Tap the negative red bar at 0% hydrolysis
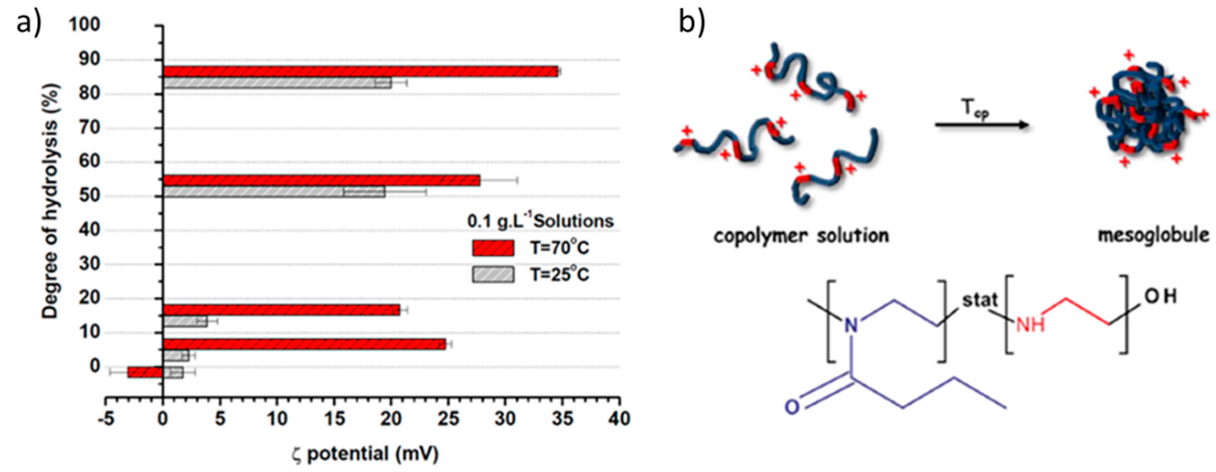(x=145, y=372)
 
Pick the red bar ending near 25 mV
(x=304, y=345)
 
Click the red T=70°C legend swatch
(x=493, y=248)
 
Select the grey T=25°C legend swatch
(x=493, y=274)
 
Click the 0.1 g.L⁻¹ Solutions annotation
(x=540, y=221)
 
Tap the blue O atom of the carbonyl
(x=793, y=406)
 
